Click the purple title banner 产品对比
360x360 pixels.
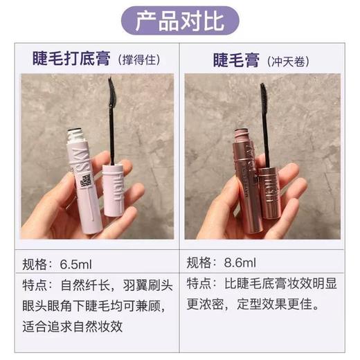[180, 19]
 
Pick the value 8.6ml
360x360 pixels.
[239, 263]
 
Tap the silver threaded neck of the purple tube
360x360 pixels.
[78, 136]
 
